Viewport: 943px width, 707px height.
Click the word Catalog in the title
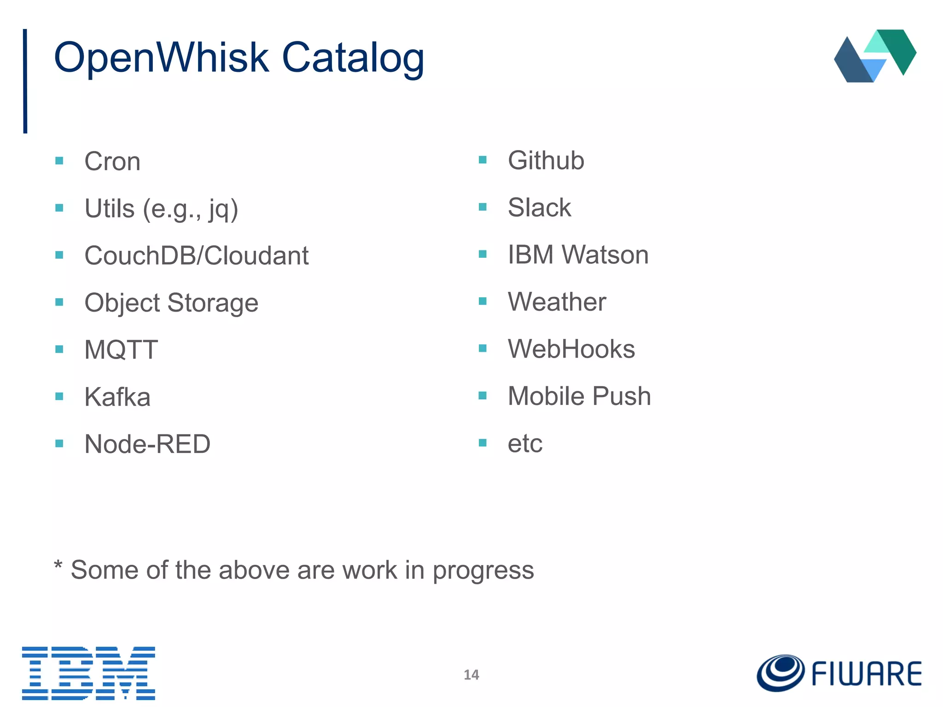click(353, 59)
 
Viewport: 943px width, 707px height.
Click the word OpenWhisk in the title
click(161, 58)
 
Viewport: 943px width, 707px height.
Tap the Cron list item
click(112, 162)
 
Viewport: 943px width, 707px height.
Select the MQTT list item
click(121, 350)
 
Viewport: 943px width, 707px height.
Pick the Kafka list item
click(117, 397)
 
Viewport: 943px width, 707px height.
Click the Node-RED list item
click(147, 444)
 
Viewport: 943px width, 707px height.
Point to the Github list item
click(546, 161)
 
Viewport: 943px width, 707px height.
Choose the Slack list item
click(539, 208)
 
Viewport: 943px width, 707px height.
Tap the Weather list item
click(557, 302)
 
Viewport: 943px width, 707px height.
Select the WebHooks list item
click(571, 349)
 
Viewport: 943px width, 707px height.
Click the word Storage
click(213, 303)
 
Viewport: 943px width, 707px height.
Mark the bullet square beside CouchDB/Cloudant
click(59, 255)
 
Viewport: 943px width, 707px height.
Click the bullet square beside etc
click(483, 443)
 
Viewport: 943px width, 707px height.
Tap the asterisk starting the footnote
click(58, 565)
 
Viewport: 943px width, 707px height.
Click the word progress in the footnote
click(483, 571)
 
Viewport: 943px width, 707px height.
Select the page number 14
click(471, 675)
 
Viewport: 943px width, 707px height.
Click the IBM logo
click(88, 673)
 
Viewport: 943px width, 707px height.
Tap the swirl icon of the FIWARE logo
click(781, 673)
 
